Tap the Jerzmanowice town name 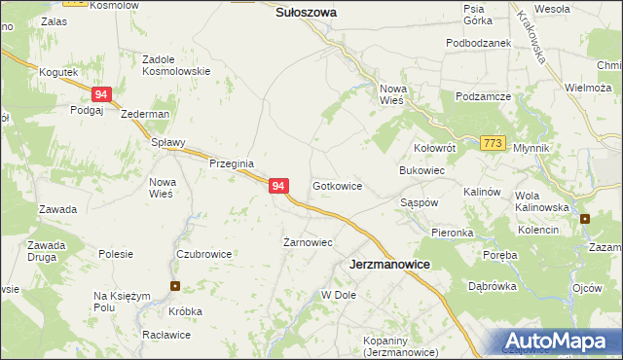click(x=390, y=264)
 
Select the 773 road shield click(x=493, y=143)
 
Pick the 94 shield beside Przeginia click(x=278, y=186)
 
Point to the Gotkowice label click(x=338, y=185)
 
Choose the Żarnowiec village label click(x=308, y=242)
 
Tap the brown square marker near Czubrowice click(x=175, y=286)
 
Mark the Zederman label click(x=145, y=114)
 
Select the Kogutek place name click(x=57, y=72)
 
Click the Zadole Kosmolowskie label click(x=176, y=65)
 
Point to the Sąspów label click(x=421, y=202)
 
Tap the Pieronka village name click(x=453, y=233)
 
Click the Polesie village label click(x=116, y=254)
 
